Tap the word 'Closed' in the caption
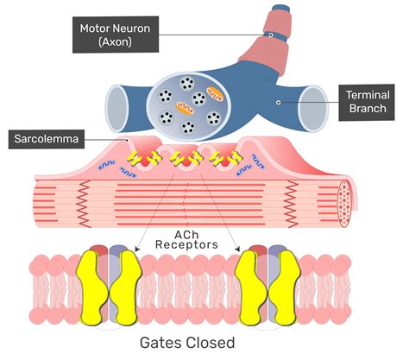coord(212,343)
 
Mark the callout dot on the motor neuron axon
coord(270,35)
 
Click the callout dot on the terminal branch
coord(277,102)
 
